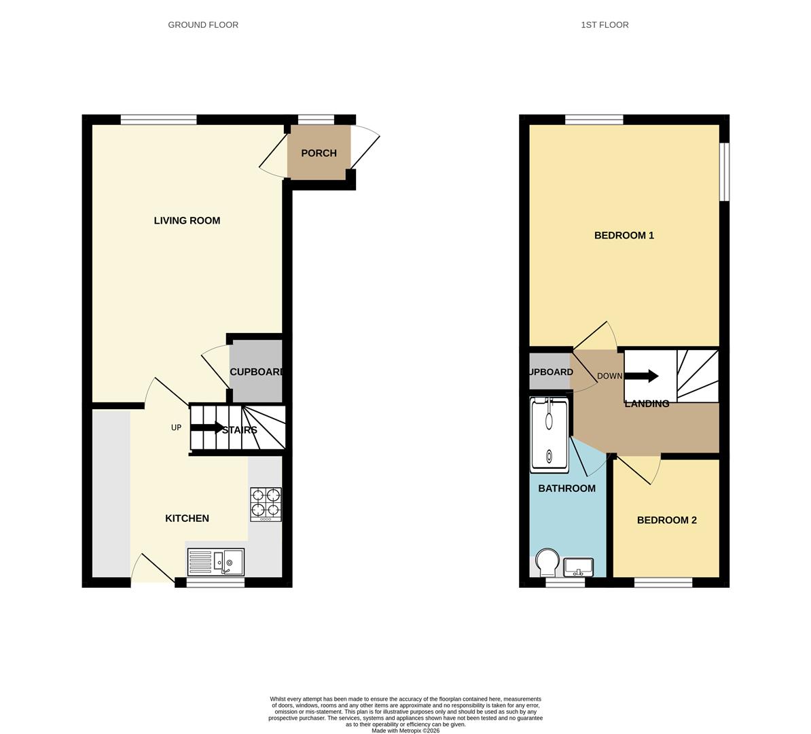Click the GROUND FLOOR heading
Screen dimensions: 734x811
coord(203,25)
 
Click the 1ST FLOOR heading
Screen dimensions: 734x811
coord(605,25)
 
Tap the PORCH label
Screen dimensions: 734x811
coord(319,153)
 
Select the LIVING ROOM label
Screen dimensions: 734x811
coord(187,220)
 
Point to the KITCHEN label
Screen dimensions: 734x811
coord(187,518)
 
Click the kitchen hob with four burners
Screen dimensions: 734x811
coord(266,504)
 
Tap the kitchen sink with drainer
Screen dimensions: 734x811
coord(216,561)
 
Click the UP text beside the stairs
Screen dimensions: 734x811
coord(176,427)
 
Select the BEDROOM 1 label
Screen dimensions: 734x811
coord(624,235)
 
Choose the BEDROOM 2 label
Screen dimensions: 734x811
coord(666,520)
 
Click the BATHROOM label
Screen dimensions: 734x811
coord(566,488)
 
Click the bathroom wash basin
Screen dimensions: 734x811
coord(579,565)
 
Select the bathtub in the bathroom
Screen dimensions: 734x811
coord(549,434)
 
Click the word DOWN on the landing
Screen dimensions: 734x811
coord(609,376)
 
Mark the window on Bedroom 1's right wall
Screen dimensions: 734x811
coord(724,171)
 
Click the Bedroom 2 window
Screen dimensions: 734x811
coord(663,582)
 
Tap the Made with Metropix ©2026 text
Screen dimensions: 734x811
coord(405,731)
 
